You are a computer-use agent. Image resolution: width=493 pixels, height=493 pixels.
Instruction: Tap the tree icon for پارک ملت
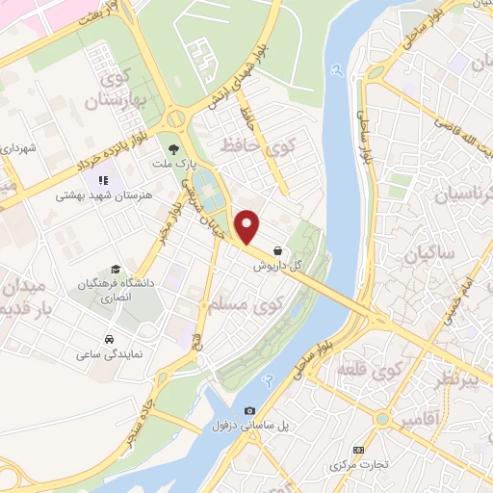pos(173,149)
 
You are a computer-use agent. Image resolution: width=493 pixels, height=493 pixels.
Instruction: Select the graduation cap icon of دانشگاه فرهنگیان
pos(116,270)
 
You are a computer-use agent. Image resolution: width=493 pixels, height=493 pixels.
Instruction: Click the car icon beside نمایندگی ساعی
pos(111,339)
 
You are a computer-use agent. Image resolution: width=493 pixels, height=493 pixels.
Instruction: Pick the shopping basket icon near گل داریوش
pos(278,248)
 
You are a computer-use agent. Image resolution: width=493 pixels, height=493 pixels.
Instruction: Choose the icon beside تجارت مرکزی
pos(359,450)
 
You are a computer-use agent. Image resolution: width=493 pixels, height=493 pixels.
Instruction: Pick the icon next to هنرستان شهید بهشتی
pos(102,179)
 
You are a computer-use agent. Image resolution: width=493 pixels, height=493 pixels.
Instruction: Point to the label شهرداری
pos(18,149)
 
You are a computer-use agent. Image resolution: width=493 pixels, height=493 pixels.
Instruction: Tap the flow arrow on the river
pos(335,69)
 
